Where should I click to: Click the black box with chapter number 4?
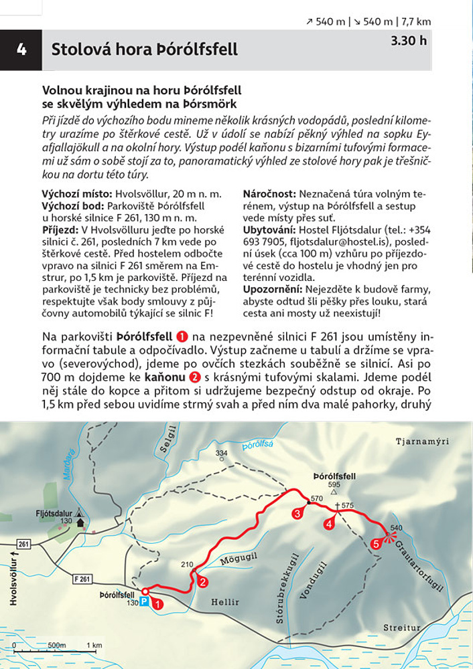[21, 50]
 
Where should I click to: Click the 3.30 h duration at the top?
[408, 40]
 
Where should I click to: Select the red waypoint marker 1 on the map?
[157, 603]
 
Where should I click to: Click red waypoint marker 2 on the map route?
[202, 582]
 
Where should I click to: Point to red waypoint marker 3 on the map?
[297, 514]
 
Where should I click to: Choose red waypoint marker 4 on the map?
[329, 524]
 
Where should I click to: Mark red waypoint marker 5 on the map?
[376, 544]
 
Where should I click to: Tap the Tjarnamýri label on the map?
[423, 442]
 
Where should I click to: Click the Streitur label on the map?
[402, 628]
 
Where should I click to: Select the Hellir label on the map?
[224, 602]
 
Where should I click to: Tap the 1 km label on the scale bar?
[93, 646]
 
